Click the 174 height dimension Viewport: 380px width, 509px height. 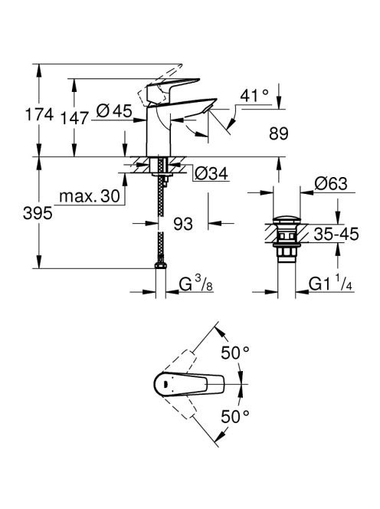point(39,114)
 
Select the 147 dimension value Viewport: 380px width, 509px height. point(74,118)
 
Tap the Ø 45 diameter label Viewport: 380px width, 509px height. point(114,111)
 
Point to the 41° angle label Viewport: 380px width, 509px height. point(254,95)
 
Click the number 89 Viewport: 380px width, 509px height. point(278,133)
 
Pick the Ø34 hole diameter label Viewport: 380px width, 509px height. point(211,174)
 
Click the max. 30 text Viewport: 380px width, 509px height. point(90,196)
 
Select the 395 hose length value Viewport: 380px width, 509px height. point(38,214)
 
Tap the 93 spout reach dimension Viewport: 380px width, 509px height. point(183,224)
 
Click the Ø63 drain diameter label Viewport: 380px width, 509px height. point(331,184)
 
